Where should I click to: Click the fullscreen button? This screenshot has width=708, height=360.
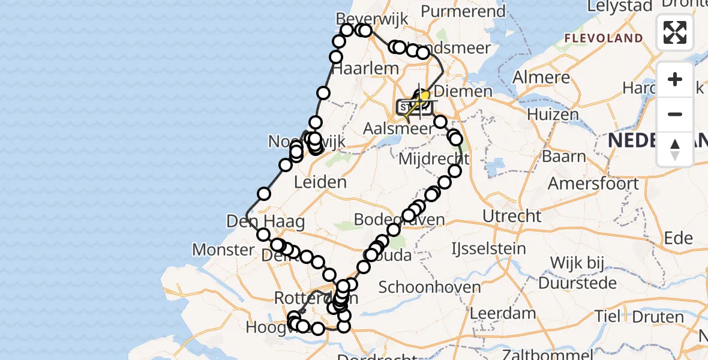pyautogui.click(x=675, y=32)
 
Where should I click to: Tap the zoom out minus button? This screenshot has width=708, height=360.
pyautogui.click(x=675, y=114)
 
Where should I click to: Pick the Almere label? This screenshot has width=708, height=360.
pyautogui.click(x=542, y=77)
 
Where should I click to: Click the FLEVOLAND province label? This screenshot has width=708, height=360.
pyautogui.click(x=603, y=38)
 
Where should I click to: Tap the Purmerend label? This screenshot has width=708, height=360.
pyautogui.click(x=463, y=11)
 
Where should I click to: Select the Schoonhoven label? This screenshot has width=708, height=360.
pyautogui.click(x=430, y=287)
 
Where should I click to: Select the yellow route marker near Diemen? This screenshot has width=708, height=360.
pyautogui.click(x=424, y=95)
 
